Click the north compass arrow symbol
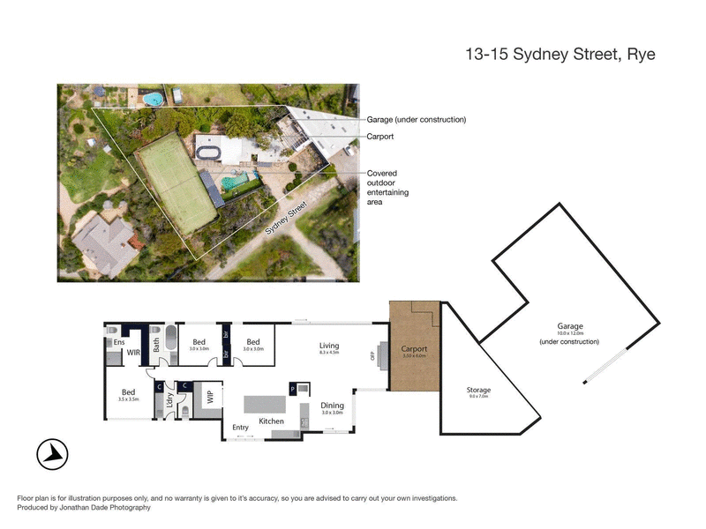click(54, 454)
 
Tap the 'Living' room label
click(329, 346)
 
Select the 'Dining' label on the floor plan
click(333, 406)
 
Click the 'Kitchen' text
click(271, 422)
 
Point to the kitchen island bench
click(266, 405)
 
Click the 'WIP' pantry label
click(210, 397)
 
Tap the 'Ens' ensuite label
click(116, 343)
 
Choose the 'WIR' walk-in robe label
click(134, 352)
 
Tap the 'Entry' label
click(240, 428)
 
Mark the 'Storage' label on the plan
click(478, 390)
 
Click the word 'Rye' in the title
click(640, 54)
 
